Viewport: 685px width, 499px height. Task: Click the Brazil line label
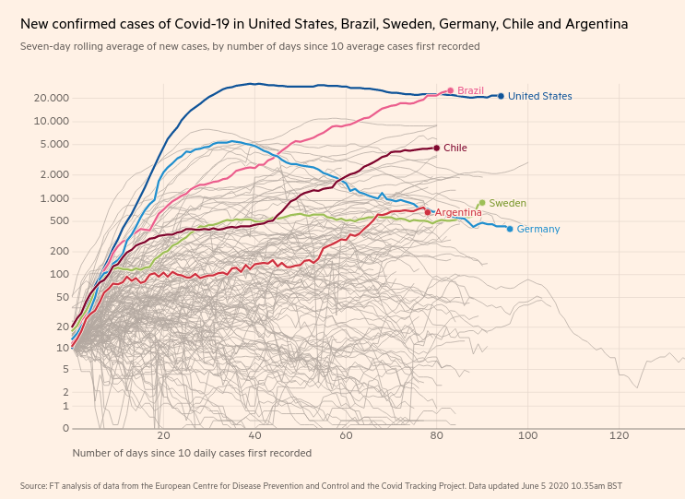(x=470, y=90)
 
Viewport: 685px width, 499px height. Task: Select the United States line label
(x=539, y=96)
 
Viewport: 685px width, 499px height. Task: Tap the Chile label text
(x=455, y=148)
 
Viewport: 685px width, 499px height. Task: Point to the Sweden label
(x=507, y=203)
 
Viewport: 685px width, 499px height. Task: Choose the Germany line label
(x=537, y=229)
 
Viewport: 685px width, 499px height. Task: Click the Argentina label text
(x=458, y=212)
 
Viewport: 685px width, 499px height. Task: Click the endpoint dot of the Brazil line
(x=451, y=90)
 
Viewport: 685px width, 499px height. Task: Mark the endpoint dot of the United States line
(x=501, y=96)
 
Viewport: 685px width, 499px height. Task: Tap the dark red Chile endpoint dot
(x=436, y=148)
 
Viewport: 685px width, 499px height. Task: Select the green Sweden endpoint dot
(x=481, y=203)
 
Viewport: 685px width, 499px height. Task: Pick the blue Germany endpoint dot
(x=510, y=228)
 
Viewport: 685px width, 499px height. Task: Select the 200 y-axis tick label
(x=60, y=251)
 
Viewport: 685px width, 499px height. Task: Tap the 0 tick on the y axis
(x=65, y=428)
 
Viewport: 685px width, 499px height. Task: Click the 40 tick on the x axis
(x=254, y=435)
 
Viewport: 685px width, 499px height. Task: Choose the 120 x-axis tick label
(x=619, y=435)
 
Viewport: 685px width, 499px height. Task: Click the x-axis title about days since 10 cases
(x=192, y=453)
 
